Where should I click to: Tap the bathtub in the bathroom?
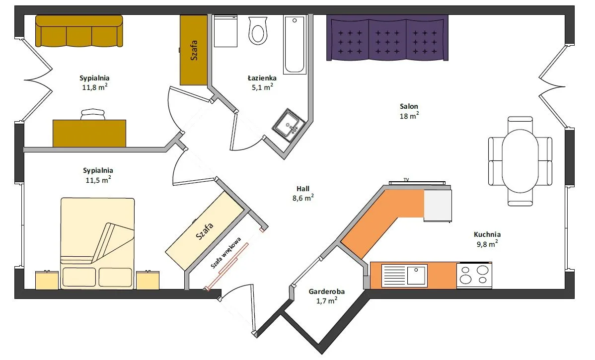click(x=295, y=45)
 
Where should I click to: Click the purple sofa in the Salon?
click(x=387, y=38)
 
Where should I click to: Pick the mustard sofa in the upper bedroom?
click(x=79, y=31)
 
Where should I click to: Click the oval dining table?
click(x=520, y=161)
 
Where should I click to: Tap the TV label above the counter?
click(x=406, y=180)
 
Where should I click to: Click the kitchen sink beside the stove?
click(x=404, y=275)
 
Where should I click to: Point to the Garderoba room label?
click(x=327, y=296)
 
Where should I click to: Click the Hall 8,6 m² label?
click(x=303, y=193)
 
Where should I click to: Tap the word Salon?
click(x=409, y=107)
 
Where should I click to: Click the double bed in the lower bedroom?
click(x=97, y=243)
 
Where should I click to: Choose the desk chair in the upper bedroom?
click(x=92, y=114)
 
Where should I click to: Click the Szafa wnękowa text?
click(x=226, y=253)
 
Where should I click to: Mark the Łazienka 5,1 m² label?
click(x=262, y=83)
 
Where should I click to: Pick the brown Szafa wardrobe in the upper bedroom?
click(x=194, y=50)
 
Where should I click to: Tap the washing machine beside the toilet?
click(x=225, y=31)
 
